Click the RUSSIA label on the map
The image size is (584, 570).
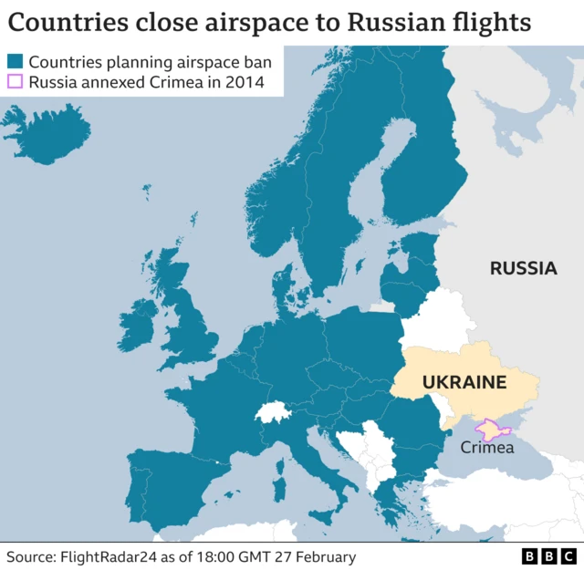tap(523, 268)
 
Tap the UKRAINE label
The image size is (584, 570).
tap(464, 382)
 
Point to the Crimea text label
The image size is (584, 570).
tap(487, 447)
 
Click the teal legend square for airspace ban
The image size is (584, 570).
tap(15, 62)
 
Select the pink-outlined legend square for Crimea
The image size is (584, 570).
tap(15, 83)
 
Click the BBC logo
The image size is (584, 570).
tap(549, 555)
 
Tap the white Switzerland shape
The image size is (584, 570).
tap(273, 412)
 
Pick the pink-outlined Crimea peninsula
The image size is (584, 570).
tap(490, 429)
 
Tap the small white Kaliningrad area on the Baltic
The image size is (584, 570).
tap(382, 306)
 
